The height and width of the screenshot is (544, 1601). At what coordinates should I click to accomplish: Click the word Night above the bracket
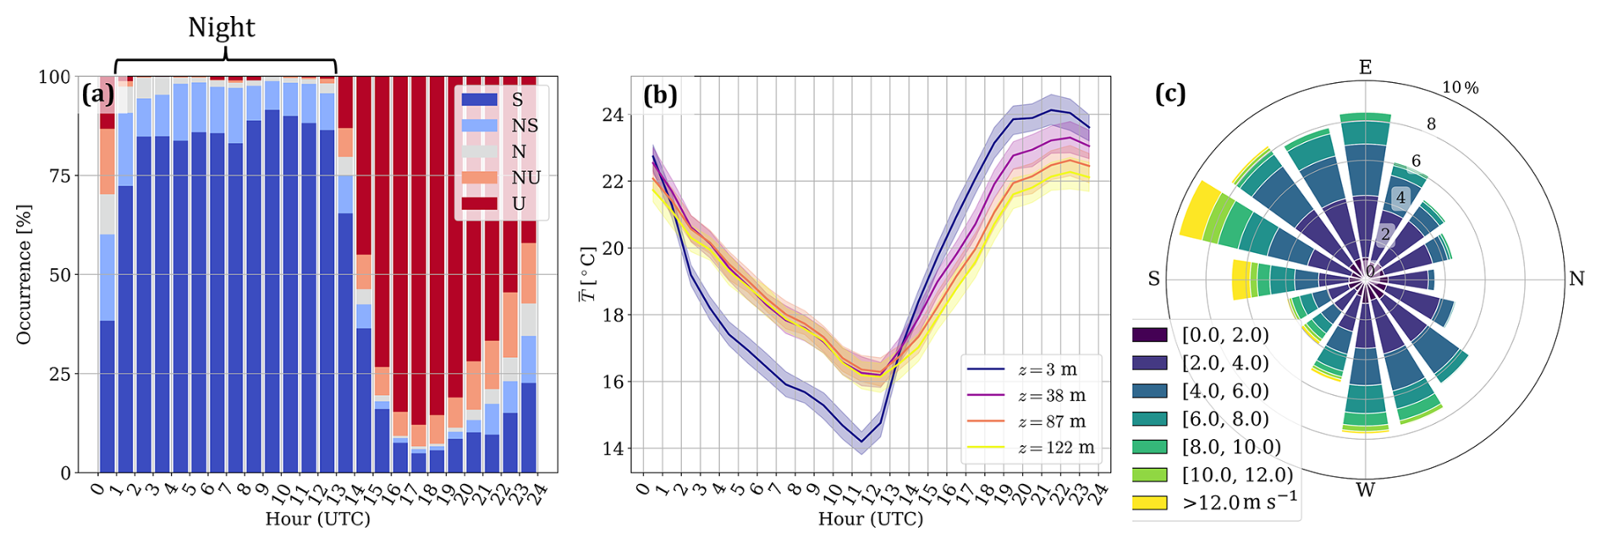pos(221,28)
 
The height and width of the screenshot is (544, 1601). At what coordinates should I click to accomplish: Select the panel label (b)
pos(660,94)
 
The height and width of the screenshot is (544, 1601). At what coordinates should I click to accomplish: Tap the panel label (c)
pos(1170,93)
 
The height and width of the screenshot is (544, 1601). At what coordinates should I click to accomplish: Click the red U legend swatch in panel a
pos(479,203)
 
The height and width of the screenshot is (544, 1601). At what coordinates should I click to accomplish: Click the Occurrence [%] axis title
pos(24,274)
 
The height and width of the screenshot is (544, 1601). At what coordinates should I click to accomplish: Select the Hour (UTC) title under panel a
pos(317,519)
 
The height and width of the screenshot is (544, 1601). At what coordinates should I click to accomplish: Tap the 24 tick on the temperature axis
pos(613,114)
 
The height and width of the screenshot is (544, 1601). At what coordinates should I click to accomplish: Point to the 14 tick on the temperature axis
pos(613,448)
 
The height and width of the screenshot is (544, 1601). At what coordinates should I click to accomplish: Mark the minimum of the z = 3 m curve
pos(861,442)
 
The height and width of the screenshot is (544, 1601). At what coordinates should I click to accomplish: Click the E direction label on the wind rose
pos(1365,68)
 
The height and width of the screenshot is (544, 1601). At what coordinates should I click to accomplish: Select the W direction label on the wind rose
pos(1365,490)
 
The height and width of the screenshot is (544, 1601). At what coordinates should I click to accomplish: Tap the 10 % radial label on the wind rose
pos(1461,88)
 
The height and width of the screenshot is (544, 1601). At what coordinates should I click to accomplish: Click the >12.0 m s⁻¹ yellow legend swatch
pos(1150,503)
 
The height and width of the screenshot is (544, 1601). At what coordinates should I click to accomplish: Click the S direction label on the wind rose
pos(1153,279)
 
